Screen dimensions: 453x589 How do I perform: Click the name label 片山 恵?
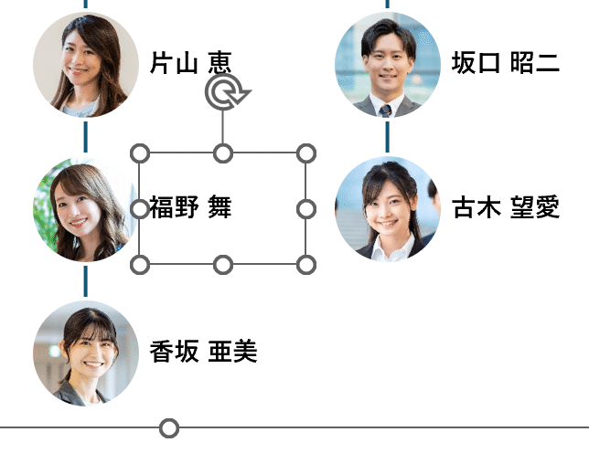[190, 63]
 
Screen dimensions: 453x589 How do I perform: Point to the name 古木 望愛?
[505, 208]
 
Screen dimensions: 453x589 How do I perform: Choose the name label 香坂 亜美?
[203, 352]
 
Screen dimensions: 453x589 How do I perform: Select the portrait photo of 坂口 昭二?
[388, 65]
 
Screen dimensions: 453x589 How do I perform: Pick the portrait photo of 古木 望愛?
[388, 209]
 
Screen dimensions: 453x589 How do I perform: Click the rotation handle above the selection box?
[223, 92]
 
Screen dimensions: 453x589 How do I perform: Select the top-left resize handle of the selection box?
[140, 153]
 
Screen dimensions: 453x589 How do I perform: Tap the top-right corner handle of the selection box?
[306, 153]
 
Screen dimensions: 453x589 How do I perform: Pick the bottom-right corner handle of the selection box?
[306, 265]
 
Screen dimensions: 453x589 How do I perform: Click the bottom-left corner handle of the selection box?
[140, 265]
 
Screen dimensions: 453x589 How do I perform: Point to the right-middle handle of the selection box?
[306, 209]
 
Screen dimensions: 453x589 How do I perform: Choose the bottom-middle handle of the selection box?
[223, 265]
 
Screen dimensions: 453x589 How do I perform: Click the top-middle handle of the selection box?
[223, 153]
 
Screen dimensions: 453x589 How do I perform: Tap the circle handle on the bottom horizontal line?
[169, 427]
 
